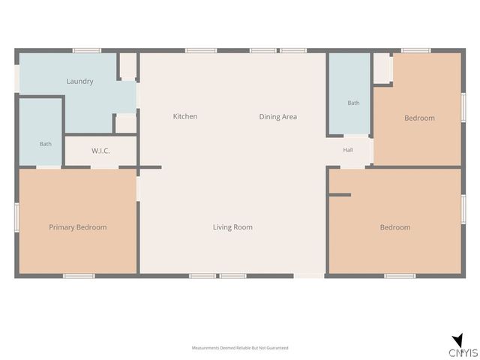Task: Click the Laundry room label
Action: tap(80, 82)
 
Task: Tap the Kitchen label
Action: tap(185, 116)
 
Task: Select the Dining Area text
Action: tap(278, 117)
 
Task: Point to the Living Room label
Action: tap(232, 227)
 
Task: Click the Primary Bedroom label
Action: tap(78, 227)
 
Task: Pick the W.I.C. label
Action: tap(100, 151)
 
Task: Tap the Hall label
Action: tap(348, 150)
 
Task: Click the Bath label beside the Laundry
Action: tap(45, 144)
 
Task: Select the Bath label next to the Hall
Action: tap(353, 103)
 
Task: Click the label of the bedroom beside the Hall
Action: tap(419, 118)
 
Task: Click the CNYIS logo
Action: tap(463, 346)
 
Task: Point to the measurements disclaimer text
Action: tap(240, 348)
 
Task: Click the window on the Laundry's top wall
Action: tap(87, 50)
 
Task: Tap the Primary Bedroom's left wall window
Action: tap(16, 217)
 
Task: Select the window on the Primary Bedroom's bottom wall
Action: tap(79, 276)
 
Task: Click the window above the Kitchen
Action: tap(201, 50)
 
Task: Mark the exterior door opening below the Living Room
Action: tap(309, 276)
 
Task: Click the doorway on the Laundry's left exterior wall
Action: tap(16, 79)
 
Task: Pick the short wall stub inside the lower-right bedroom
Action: tap(340, 195)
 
